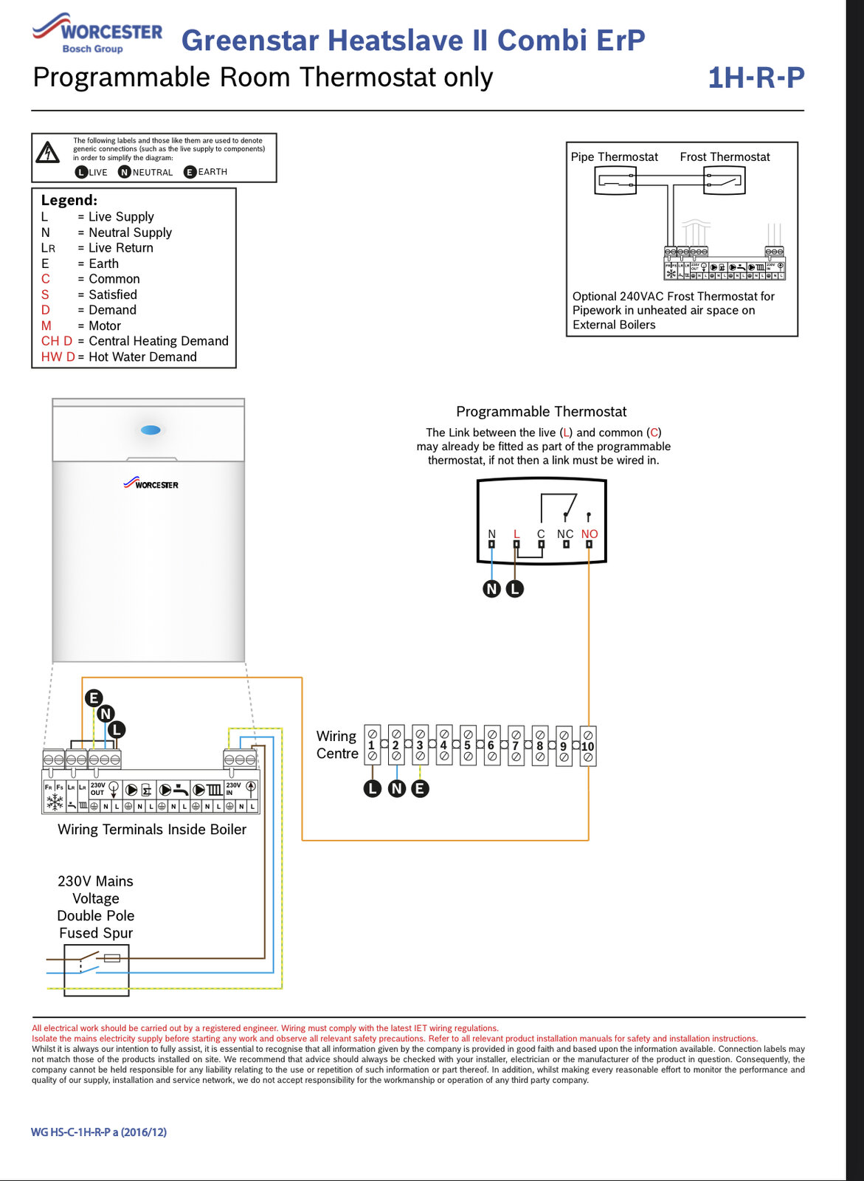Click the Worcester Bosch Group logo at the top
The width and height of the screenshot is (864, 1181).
pyautogui.click(x=97, y=34)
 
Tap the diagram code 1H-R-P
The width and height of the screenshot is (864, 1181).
pyautogui.click(x=756, y=78)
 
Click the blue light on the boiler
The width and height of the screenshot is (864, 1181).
pyautogui.click(x=151, y=430)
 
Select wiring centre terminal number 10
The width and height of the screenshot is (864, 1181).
pyautogui.click(x=587, y=746)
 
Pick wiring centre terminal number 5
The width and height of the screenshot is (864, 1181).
pyautogui.click(x=468, y=746)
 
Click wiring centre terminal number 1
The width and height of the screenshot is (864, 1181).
pyautogui.click(x=372, y=746)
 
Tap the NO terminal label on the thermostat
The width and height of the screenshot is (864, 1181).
pyautogui.click(x=589, y=534)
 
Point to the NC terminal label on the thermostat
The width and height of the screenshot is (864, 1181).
pyautogui.click(x=565, y=534)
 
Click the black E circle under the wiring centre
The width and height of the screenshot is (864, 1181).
pyautogui.click(x=420, y=788)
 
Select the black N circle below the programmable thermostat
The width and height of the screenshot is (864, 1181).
pyautogui.click(x=491, y=589)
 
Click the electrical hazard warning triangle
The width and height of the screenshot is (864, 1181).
pyautogui.click(x=48, y=153)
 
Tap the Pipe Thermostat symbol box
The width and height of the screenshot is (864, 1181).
pyautogui.click(x=615, y=180)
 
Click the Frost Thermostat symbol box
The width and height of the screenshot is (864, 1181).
pyautogui.click(x=724, y=180)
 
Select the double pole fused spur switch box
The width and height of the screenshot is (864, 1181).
pyautogui.click(x=96, y=969)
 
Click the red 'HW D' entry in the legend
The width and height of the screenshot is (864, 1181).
pyautogui.click(x=58, y=357)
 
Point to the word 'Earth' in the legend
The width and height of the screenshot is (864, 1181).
pyautogui.click(x=103, y=264)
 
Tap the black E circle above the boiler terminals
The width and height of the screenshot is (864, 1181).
pyautogui.click(x=94, y=698)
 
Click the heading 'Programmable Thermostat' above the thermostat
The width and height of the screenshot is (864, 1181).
pyautogui.click(x=541, y=411)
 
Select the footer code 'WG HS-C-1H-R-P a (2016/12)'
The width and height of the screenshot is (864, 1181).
pyautogui.click(x=99, y=1132)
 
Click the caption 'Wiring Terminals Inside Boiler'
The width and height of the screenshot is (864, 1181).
pyautogui.click(x=152, y=829)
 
